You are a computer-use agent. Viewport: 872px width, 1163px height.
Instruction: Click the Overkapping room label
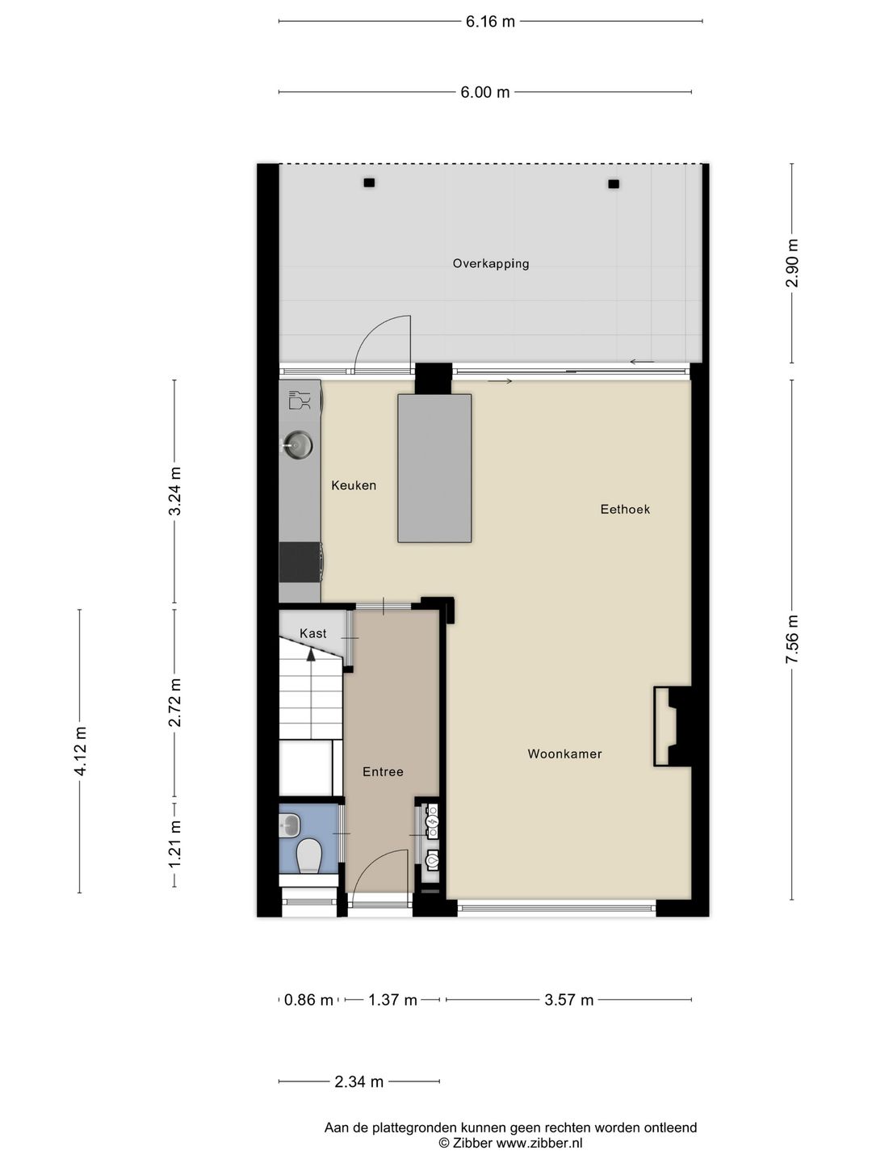491,263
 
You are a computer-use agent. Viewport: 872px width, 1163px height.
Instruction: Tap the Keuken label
354,485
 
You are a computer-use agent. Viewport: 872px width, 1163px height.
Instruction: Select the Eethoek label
625,509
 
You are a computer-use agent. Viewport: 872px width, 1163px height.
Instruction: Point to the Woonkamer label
564,754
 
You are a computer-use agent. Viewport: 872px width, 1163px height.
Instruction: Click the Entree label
383,772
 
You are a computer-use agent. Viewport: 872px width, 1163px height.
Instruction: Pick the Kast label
313,633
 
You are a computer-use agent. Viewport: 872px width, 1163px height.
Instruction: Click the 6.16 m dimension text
490,22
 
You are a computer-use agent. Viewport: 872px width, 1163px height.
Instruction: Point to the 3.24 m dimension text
175,491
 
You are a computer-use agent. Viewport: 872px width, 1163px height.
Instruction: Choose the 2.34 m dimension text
358,1081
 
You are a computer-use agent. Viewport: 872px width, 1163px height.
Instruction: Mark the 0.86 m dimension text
308,1000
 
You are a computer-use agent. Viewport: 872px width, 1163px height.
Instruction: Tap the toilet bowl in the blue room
308,854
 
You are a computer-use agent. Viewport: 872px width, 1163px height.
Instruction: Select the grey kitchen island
434,468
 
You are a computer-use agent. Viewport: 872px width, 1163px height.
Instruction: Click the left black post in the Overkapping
369,183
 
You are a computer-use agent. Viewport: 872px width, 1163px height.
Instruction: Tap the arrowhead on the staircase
311,655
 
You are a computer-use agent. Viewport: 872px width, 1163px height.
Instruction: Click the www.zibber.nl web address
539,1143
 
